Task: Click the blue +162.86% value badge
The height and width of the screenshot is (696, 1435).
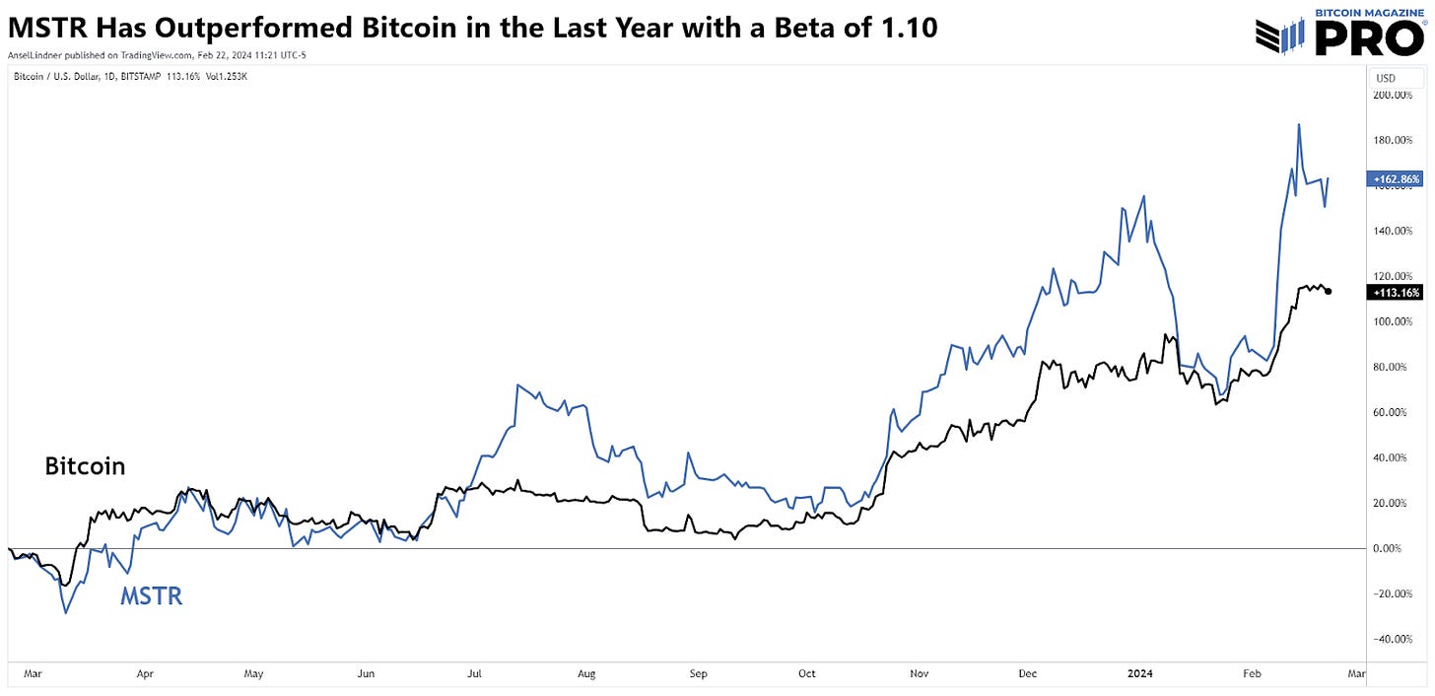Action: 1395,179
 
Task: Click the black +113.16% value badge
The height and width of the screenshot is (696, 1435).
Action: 1395,293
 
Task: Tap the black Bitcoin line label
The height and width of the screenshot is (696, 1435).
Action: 85,466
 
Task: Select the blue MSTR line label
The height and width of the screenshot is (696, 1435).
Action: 151,595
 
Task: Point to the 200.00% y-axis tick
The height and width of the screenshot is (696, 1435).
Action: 1392,96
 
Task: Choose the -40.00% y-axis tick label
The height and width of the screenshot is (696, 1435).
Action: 1392,639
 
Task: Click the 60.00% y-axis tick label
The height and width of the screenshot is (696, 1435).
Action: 1394,412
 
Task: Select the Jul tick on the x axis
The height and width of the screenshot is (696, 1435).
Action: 474,674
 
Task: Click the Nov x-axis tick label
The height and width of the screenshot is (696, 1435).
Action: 920,674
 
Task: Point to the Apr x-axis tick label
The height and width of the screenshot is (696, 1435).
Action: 145,674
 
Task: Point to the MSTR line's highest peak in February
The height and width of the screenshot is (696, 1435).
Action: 1299,124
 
